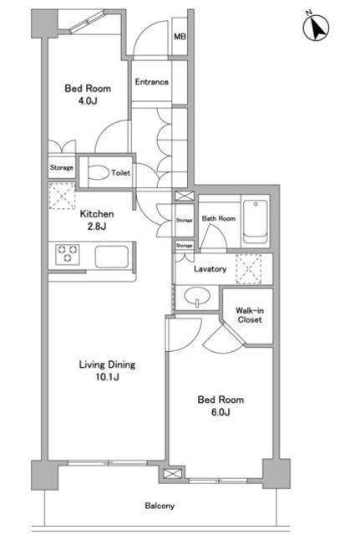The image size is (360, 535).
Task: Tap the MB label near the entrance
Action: coord(180,36)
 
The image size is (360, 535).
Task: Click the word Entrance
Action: coord(151,82)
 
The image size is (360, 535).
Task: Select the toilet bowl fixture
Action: coord(99,173)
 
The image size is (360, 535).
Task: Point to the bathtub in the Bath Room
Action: coord(256,221)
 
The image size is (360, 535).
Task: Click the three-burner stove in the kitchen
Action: coord(68,254)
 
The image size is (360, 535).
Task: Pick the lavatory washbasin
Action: coord(197,297)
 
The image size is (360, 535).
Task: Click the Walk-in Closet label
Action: coord(250,315)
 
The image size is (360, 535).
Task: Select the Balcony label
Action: coord(160,505)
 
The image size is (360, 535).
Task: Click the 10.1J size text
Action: coord(107,377)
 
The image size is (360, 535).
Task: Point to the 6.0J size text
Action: coord(221,412)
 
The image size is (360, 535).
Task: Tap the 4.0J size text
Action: coord(88,100)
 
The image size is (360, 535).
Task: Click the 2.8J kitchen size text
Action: coord(97,227)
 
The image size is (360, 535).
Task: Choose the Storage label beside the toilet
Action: coord(61,167)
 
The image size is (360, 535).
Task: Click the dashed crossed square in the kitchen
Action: coord(62,196)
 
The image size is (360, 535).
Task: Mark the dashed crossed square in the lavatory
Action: coord(249,269)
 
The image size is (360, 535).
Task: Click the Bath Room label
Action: coord(219,218)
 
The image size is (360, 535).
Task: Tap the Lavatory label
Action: coord(210,269)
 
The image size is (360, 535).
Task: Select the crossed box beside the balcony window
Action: coord(170,474)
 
